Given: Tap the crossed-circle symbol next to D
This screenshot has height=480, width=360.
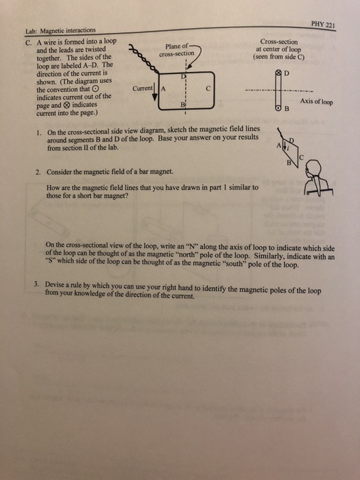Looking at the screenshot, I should [278, 71].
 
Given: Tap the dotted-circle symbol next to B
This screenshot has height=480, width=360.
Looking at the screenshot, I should [278, 110].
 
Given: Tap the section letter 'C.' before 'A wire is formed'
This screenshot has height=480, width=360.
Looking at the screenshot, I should [27, 40].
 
